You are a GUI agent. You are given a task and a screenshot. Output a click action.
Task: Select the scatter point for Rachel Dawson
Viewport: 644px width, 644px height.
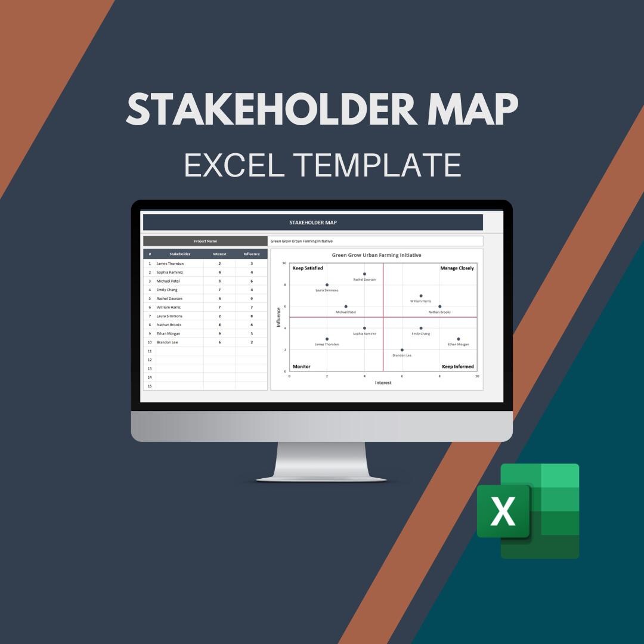(364, 274)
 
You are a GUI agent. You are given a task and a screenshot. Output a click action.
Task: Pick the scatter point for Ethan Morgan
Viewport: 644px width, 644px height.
(459, 339)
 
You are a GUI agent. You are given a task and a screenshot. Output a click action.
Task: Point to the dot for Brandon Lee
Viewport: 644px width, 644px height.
(402, 350)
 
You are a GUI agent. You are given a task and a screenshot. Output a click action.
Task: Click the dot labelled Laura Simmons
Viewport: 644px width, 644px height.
(327, 285)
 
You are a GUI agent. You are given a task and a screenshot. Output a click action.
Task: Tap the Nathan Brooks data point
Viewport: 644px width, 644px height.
(440, 306)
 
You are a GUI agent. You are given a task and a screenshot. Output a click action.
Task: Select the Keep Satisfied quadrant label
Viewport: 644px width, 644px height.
(308, 268)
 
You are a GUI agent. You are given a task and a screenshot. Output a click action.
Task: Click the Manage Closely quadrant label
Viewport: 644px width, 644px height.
(457, 268)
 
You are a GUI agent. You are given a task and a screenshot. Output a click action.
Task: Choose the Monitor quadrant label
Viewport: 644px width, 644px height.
(301, 367)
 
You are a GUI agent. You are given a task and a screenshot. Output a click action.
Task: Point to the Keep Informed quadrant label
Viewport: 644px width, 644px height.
(457, 367)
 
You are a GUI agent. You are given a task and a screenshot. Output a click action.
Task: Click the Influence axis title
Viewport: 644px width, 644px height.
(278, 317)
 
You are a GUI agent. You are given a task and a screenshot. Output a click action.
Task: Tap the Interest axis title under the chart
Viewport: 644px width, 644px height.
(383, 383)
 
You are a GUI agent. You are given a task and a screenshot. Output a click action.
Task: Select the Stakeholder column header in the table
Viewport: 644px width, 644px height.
(179, 254)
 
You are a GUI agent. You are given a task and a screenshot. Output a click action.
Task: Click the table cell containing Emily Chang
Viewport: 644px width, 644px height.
(167, 290)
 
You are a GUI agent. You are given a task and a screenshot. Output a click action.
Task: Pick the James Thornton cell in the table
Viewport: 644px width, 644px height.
(170, 264)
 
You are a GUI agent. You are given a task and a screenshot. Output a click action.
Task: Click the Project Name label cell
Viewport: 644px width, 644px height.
(205, 241)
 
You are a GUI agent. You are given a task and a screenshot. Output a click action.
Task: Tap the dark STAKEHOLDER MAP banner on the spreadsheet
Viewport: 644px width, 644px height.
(312, 222)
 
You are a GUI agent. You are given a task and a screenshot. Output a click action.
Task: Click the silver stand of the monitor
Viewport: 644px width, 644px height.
(321, 462)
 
